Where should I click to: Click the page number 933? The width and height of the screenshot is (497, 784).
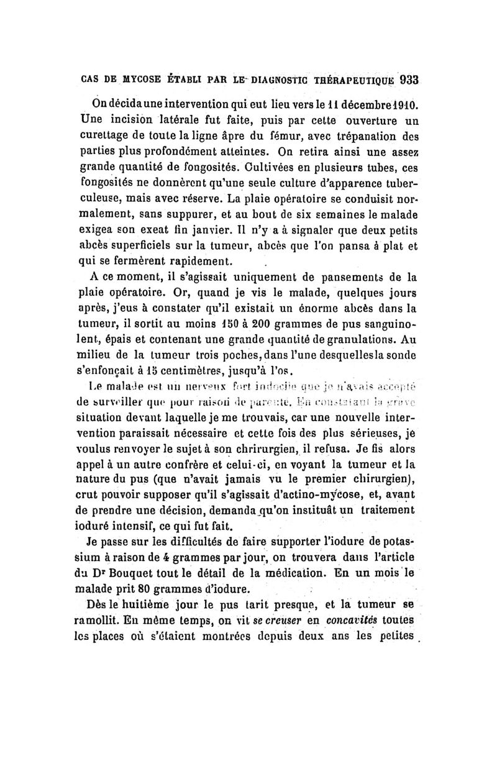[x=409, y=80]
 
